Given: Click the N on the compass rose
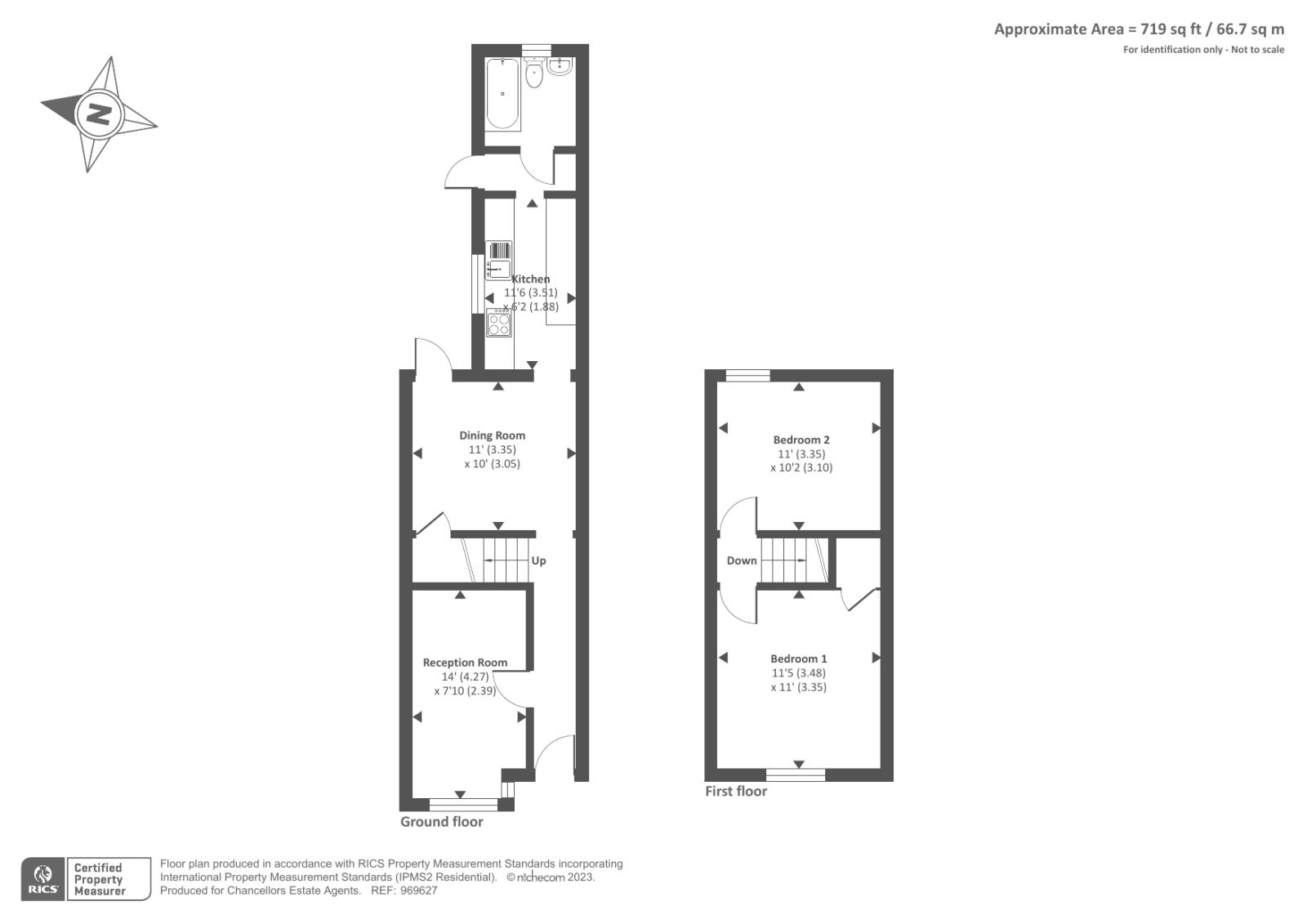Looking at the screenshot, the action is coord(99,114).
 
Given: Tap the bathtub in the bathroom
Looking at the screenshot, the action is coord(502,93).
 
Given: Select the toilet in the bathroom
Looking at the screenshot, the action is coord(534,73).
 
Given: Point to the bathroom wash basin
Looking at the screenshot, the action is coord(560,66).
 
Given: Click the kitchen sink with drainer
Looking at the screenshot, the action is coord(499,261).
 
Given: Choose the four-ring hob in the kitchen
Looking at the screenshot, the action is coord(499,323).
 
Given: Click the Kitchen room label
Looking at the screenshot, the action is coord(530,279).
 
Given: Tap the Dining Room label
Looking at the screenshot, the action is coord(492,435).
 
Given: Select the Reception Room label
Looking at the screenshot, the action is coord(465,663).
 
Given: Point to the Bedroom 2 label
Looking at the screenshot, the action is coord(801,440).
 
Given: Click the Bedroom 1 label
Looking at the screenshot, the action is coord(798,658).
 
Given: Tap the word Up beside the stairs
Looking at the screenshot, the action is coord(538,561).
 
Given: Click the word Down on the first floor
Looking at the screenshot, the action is coord(742,560).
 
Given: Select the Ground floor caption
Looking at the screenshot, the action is coord(442,822).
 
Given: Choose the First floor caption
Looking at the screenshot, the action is coord(736,792).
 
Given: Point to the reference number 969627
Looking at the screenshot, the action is coord(418,891).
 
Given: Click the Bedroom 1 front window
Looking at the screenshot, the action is coord(796,774).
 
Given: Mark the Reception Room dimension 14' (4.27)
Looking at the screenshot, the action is coord(465,677).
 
